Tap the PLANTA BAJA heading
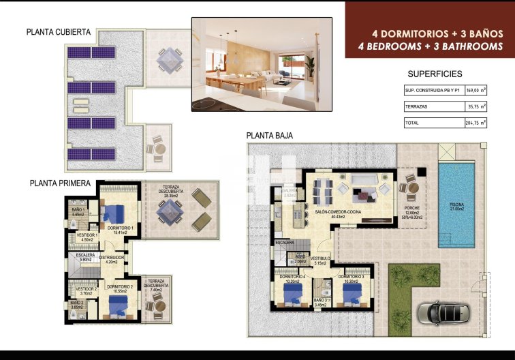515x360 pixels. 270,136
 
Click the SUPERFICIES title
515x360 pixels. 435,74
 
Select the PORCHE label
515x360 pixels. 411,208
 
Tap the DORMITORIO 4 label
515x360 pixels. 293,276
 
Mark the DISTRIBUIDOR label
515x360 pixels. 111,257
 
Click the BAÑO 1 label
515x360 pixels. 78,210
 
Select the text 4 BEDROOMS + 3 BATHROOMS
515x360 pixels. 430,46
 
